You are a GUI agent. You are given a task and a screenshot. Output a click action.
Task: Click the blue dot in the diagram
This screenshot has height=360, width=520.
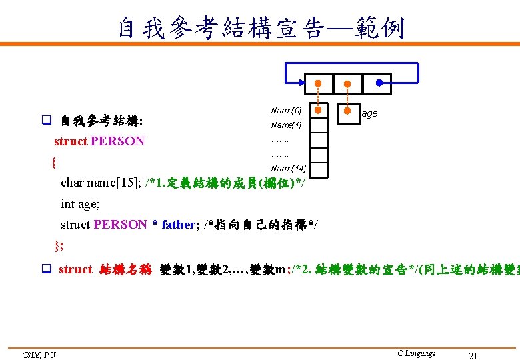[x=379, y=83]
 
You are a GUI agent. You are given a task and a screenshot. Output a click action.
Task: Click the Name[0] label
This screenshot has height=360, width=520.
[x=286, y=110]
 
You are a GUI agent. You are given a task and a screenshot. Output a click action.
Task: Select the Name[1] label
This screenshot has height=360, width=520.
[x=286, y=125]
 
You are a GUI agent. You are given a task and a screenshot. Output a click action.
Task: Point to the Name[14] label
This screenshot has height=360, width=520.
[x=287, y=168]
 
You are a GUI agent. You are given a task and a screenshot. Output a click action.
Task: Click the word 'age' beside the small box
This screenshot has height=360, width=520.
[x=369, y=113]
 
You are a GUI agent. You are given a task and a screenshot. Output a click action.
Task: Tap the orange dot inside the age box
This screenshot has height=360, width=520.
[x=347, y=110]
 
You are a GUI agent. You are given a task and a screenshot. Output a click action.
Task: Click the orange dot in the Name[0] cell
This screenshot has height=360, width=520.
[x=319, y=110]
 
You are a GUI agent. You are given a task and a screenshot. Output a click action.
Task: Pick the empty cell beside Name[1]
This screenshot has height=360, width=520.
[x=319, y=125]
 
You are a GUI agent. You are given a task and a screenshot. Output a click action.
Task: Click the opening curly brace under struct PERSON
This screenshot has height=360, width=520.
[x=53, y=161]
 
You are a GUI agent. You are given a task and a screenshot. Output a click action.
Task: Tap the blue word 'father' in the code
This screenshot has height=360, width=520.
[x=177, y=225]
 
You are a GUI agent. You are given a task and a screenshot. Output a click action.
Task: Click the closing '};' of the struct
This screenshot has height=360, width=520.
[x=59, y=245]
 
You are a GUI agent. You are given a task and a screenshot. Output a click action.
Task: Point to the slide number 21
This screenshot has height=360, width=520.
[x=473, y=356]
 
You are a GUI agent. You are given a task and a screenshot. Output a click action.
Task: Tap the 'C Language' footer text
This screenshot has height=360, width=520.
[x=416, y=353]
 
